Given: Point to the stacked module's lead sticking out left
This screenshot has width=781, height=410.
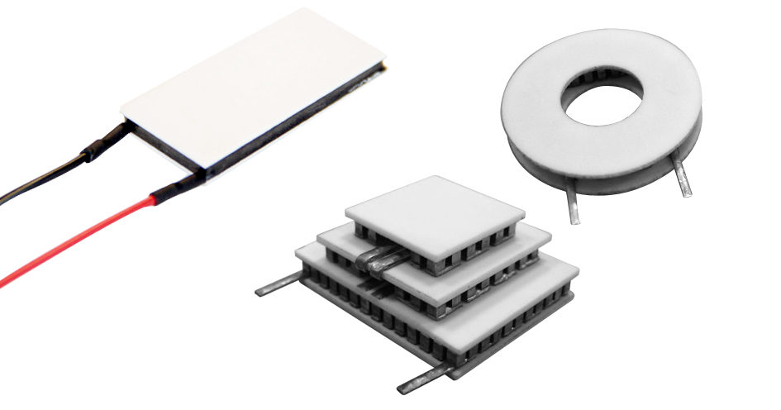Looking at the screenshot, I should tap(277, 287).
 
